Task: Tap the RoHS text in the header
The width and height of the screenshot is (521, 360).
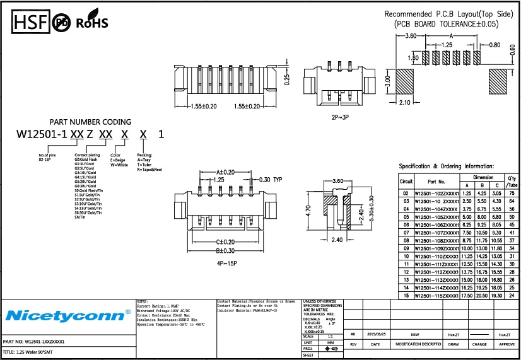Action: [x=92, y=24]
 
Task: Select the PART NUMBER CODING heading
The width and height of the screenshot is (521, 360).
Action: [x=90, y=122]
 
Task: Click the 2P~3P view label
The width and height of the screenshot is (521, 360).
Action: [x=339, y=118]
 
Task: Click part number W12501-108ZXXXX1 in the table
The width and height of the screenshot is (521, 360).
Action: [x=436, y=240]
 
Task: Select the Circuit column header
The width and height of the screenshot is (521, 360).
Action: [x=406, y=181]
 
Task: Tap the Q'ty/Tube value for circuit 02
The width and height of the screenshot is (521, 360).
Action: [x=512, y=193]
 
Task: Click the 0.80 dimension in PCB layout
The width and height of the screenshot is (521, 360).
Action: [x=495, y=45]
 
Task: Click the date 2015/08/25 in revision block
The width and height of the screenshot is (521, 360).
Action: [x=377, y=335]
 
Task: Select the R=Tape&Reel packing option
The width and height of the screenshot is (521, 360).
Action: [x=149, y=170]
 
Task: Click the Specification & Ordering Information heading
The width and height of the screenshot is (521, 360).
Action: [x=446, y=166]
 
